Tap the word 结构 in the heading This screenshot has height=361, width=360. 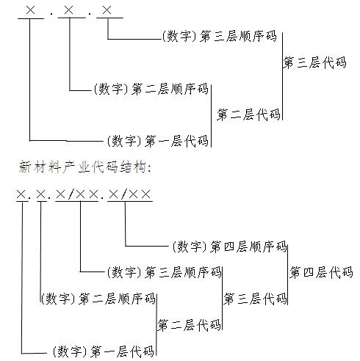tap(133, 167)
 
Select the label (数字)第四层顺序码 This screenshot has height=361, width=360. tap(229, 247)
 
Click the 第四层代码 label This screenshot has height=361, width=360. tap(321, 272)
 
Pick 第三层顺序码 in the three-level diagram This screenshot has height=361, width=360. tap(238, 36)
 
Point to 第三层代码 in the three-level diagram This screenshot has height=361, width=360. tap(315, 62)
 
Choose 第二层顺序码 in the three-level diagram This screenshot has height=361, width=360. tap(170, 89)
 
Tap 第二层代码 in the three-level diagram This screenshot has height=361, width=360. tap(248, 114)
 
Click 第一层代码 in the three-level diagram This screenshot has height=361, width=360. tap(176, 141)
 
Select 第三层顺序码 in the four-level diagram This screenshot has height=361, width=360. tap(183, 272)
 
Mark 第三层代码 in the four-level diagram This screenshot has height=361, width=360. tap(255, 299)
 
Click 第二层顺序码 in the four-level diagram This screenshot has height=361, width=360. tap(117, 299)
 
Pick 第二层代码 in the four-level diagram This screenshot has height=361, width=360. tap(189, 325)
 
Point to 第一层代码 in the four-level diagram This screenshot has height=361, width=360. tap(122, 351)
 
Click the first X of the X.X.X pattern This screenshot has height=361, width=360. tap(30, 10)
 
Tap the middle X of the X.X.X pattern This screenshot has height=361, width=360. tap(68, 10)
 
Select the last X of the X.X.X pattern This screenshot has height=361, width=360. tap(107, 10)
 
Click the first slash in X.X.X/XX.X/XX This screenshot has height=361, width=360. tap(71, 194)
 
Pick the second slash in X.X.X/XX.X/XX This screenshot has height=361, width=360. tap(124, 194)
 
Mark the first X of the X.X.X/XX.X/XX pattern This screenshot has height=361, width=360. tap(21, 194)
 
